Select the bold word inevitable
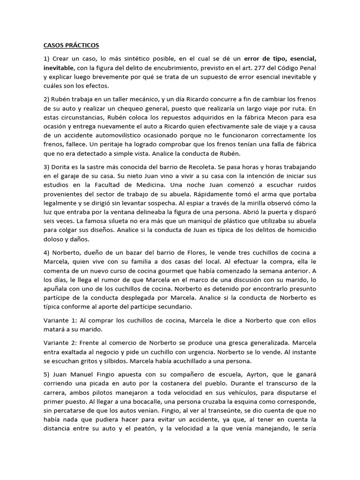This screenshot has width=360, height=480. (53, 68)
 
